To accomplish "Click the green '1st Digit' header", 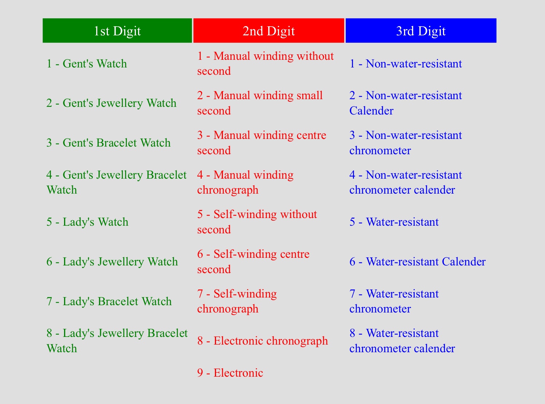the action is coord(117,31).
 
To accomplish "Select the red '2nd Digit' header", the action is coord(268,31).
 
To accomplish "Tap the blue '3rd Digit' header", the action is coord(421,31).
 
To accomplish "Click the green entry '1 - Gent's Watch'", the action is coord(86,63).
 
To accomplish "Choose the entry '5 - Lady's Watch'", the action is coord(87,222).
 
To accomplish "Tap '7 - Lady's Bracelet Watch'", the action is coord(109,301).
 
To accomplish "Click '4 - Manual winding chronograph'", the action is coord(245,182).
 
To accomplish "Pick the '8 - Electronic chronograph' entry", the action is coord(262,341).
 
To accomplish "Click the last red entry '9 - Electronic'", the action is coord(230,373).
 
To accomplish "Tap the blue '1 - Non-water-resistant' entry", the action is coord(406,63).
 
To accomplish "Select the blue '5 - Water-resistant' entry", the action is coord(394,222).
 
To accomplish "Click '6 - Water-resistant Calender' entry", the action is coord(417,261).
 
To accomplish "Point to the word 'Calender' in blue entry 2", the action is coord(371,111).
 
